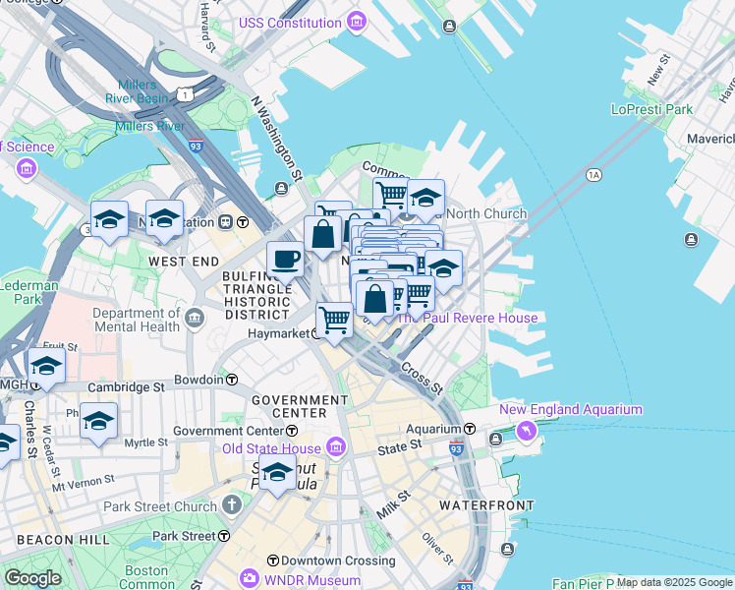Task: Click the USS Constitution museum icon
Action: [x=356, y=21]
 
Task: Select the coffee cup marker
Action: [x=285, y=261]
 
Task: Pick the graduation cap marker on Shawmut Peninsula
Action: [x=278, y=475]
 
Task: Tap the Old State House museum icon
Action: [x=335, y=449]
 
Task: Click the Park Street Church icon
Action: [x=231, y=506]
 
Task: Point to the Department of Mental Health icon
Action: [x=195, y=319]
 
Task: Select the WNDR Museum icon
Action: [x=251, y=578]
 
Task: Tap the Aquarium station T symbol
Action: [x=470, y=430]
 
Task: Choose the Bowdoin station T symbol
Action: [x=232, y=379]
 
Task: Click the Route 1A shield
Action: [x=593, y=174]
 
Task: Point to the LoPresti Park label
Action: [x=651, y=109]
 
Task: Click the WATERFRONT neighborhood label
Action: [x=486, y=504]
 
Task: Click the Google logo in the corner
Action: [x=32, y=578]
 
